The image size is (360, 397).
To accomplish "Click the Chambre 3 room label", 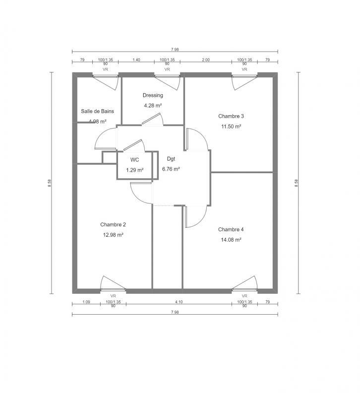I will (x=231, y=116).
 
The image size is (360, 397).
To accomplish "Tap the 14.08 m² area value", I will (x=231, y=240).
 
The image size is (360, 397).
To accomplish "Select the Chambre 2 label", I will (x=113, y=224).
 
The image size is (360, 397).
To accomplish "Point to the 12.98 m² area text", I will (x=113, y=235).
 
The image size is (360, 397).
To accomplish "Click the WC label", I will (x=134, y=160).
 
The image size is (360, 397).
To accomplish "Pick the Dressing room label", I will (x=153, y=95).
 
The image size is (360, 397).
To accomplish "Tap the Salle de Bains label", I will (x=97, y=111).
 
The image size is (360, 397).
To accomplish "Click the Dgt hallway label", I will (x=171, y=159).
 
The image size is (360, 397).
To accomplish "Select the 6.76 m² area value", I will (x=171, y=169).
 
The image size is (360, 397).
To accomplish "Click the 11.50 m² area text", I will (x=231, y=127).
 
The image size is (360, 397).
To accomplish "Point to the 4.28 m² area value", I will (x=153, y=105).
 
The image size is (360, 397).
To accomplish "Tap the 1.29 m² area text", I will (x=134, y=170).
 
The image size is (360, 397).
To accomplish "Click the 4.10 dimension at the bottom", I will (x=179, y=302).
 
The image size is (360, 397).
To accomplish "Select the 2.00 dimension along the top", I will (x=206, y=60).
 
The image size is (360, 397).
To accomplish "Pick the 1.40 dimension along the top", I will (x=136, y=60).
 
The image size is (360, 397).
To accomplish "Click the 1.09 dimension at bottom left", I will (x=85, y=302).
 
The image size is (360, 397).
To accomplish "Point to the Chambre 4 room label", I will (x=231, y=230).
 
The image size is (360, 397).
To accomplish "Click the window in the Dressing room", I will (x=167, y=75).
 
